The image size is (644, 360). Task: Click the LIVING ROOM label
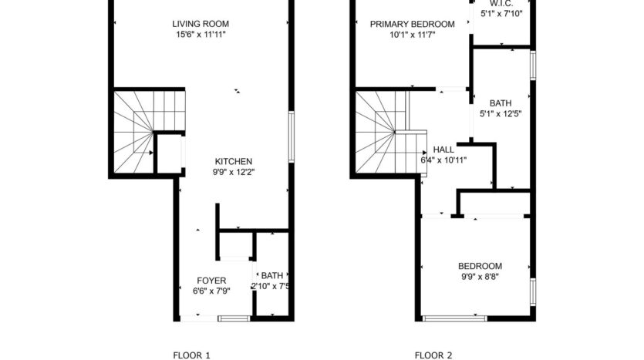click(201, 24)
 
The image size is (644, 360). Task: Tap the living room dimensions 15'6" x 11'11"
click(201, 35)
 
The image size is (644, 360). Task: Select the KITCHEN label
click(234, 161)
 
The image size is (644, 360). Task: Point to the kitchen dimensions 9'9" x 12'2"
click(234, 172)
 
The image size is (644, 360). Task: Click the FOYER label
click(211, 281)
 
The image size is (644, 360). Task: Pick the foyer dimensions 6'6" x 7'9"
click(211, 291)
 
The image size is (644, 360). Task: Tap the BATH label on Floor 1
click(271, 275)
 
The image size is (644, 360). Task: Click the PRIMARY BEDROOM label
click(412, 24)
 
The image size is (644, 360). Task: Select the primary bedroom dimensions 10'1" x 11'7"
click(412, 35)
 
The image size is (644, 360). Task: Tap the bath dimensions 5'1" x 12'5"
click(501, 113)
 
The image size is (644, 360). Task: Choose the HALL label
click(443, 150)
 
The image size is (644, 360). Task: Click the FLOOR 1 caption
click(191, 355)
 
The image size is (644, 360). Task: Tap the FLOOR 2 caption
click(433, 355)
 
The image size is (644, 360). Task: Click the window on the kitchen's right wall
click(291, 136)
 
